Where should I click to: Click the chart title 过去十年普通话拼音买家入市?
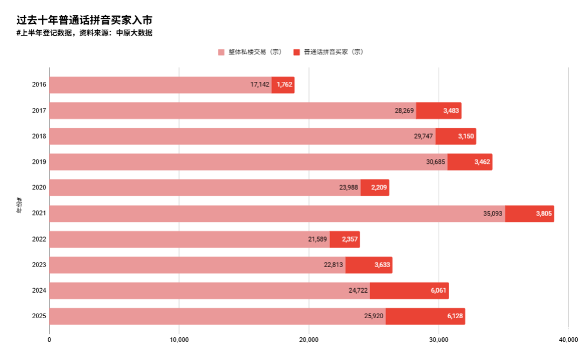[x=84, y=20]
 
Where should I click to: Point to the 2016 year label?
[x=39, y=85]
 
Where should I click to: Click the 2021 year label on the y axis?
[x=39, y=213]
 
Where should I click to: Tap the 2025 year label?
[x=39, y=316]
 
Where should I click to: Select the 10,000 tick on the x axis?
[x=179, y=340]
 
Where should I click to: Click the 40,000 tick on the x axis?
[x=568, y=340]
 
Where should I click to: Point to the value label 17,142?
[x=260, y=85]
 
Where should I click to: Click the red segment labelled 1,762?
[x=283, y=85]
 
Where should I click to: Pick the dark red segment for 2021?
[x=529, y=214]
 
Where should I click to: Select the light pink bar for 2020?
[x=203, y=188]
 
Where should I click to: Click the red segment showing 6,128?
[x=425, y=316]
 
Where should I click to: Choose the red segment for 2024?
[x=409, y=290]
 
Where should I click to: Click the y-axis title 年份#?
[x=19, y=206]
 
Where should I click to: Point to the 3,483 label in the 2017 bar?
[x=451, y=110]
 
